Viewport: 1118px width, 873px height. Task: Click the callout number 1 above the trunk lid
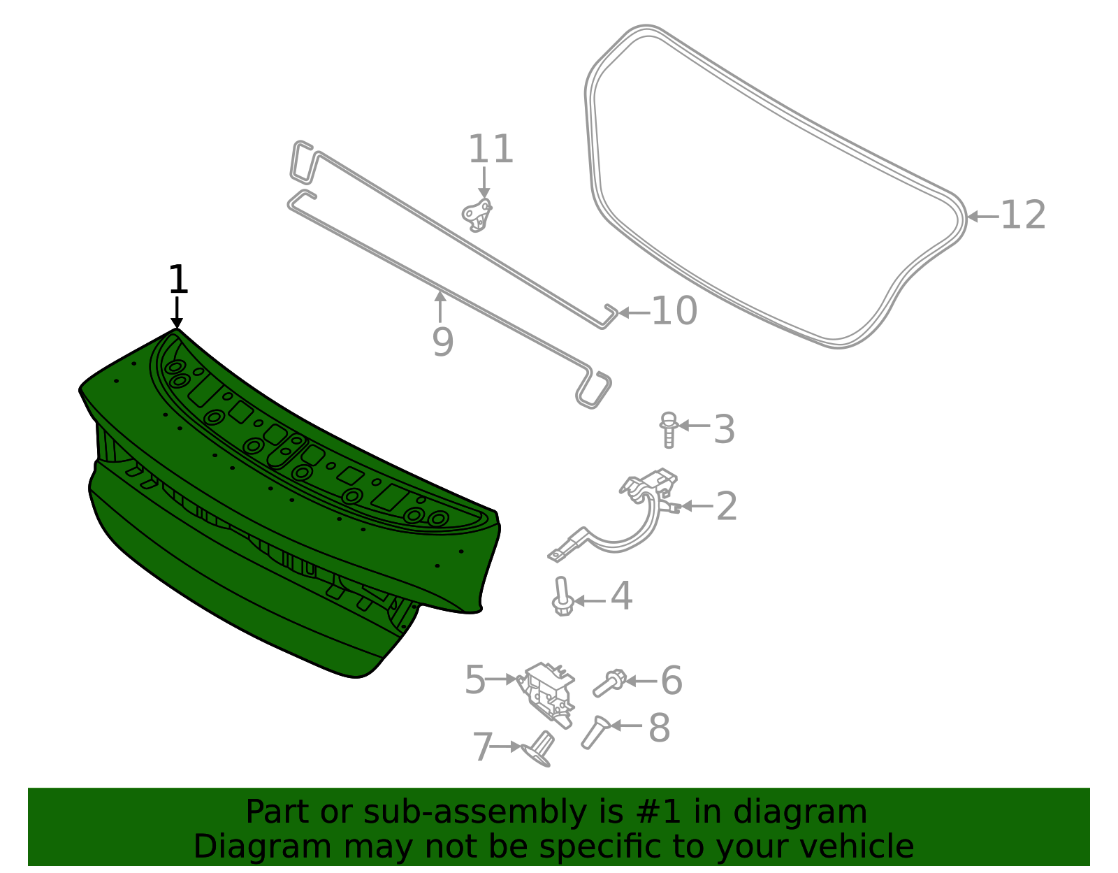point(178,280)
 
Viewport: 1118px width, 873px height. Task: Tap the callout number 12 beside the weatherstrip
point(1023,215)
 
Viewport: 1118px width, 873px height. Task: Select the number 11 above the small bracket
point(491,150)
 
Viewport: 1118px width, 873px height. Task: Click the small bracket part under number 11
point(478,214)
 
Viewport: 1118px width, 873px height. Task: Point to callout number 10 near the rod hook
point(674,311)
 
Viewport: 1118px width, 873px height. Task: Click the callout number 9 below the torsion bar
point(442,342)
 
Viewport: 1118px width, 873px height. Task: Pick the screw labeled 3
point(669,428)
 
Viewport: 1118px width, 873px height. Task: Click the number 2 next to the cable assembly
point(727,506)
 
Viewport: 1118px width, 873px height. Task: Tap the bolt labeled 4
point(562,597)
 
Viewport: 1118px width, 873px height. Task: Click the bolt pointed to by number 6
point(609,684)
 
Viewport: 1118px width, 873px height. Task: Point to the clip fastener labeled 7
point(539,749)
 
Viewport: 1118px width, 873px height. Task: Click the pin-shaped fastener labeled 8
point(593,732)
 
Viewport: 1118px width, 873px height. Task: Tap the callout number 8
point(659,728)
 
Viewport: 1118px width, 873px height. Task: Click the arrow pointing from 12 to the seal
point(982,217)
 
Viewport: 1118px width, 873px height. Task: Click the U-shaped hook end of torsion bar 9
point(594,389)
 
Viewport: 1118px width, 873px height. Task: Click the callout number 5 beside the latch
point(474,680)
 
